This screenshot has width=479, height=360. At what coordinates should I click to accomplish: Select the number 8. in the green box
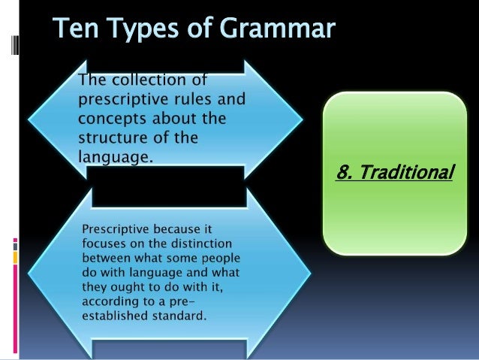tap(346, 174)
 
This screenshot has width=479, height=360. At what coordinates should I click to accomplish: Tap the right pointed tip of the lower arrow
tap(303, 271)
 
